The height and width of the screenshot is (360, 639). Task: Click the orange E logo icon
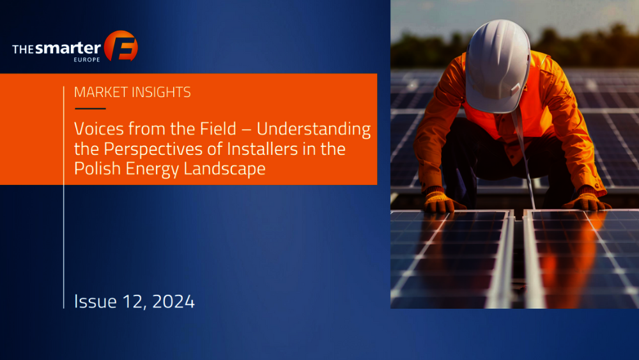(121, 45)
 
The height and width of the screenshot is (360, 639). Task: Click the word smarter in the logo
(68, 48)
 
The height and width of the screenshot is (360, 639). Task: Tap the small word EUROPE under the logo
(87, 59)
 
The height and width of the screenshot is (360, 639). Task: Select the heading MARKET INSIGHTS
(132, 92)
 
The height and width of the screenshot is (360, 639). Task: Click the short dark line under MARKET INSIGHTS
(90, 109)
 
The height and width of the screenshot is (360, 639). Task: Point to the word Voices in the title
(99, 129)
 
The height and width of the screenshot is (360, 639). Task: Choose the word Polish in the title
(97, 168)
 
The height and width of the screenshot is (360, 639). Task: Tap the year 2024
(173, 302)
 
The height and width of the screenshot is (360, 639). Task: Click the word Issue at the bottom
(95, 301)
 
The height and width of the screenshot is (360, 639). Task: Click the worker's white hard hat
(498, 65)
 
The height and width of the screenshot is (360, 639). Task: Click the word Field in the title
(218, 129)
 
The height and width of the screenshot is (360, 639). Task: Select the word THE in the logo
(23, 50)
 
